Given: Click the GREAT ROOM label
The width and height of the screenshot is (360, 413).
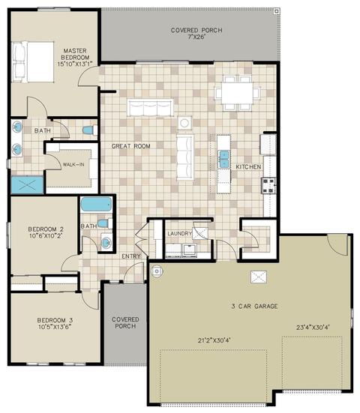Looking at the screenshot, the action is click(x=131, y=146).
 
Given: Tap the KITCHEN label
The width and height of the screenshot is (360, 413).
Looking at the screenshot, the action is click(x=248, y=166).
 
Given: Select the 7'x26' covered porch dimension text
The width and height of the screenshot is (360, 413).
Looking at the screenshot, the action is click(x=196, y=37).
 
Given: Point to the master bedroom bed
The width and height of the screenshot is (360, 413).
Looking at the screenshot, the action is click(x=33, y=62).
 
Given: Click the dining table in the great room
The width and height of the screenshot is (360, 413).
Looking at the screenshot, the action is click(x=237, y=93).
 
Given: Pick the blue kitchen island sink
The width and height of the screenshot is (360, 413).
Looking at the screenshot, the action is click(x=224, y=159).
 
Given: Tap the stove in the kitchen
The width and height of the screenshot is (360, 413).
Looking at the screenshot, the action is click(x=268, y=186).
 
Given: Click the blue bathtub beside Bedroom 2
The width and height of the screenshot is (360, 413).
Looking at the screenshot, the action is click(x=96, y=205).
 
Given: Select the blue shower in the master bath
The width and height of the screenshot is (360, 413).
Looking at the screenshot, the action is click(x=27, y=185).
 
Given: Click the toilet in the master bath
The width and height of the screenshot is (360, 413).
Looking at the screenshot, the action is click(x=90, y=130).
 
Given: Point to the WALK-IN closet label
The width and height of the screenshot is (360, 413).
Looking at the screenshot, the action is click(x=73, y=165).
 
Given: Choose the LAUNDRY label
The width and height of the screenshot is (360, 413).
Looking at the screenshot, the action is click(x=180, y=234).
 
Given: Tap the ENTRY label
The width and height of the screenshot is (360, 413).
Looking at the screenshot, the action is click(x=131, y=256).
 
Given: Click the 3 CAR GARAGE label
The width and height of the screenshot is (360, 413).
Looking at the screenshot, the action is click(x=254, y=306).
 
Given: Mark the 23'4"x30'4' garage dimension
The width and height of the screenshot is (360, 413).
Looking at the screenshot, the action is click(x=313, y=328).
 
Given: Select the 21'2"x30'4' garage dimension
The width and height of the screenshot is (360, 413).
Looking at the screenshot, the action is click(x=214, y=340).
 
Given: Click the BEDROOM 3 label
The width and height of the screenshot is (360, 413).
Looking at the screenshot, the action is click(x=55, y=320).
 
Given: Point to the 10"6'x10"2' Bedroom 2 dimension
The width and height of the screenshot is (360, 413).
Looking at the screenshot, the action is click(x=46, y=236).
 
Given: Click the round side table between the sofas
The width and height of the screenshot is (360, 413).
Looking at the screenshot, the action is click(x=184, y=123).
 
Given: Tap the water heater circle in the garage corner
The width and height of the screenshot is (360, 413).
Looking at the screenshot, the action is click(x=157, y=271).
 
